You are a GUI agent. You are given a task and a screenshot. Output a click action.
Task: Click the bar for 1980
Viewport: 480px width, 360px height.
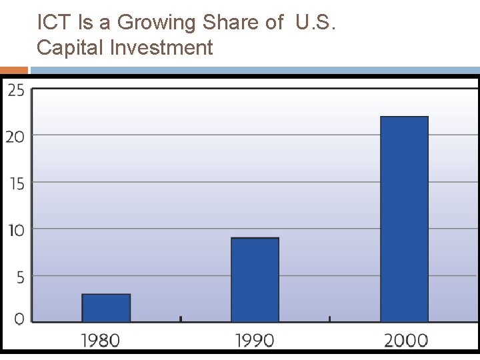click(x=106, y=308)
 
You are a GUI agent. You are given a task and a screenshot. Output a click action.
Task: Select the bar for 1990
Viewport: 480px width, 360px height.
click(x=255, y=280)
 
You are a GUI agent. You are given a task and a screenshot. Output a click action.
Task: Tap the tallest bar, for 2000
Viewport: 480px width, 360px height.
click(x=404, y=219)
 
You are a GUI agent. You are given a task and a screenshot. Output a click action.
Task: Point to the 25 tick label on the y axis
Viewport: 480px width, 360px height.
click(x=16, y=90)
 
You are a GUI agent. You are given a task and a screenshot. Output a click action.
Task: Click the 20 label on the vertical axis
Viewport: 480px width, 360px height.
click(x=16, y=136)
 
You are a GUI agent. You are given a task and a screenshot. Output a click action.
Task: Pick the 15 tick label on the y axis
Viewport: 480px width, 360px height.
click(x=16, y=183)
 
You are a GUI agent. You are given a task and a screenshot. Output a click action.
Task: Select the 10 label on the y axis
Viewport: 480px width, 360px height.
click(x=16, y=229)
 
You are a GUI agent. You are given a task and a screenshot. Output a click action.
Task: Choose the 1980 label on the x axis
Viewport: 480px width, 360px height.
click(x=101, y=341)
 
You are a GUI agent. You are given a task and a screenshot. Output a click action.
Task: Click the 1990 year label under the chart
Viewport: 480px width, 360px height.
click(x=255, y=341)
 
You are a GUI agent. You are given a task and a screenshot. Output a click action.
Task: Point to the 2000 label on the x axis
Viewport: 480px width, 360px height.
click(x=405, y=341)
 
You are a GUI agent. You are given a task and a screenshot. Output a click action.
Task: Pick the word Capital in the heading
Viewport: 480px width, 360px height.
click(x=69, y=48)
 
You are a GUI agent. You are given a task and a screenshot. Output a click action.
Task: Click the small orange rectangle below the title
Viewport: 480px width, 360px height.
click(x=13, y=69)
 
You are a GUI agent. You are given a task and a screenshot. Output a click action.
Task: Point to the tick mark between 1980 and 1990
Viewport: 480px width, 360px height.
click(x=181, y=319)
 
